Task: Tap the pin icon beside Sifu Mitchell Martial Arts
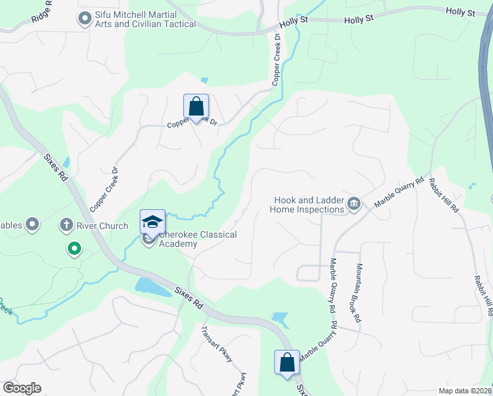point(84,19)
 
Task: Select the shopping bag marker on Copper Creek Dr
point(196,106)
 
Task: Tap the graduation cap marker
point(152,222)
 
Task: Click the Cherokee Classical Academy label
point(197,239)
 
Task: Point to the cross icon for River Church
point(65,226)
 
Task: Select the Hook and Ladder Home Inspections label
point(307,205)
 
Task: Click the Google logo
point(22,388)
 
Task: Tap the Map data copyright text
point(465,391)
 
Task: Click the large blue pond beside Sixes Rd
point(150,285)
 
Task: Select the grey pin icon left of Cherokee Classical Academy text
point(149,239)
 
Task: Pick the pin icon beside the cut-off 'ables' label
point(32,226)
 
